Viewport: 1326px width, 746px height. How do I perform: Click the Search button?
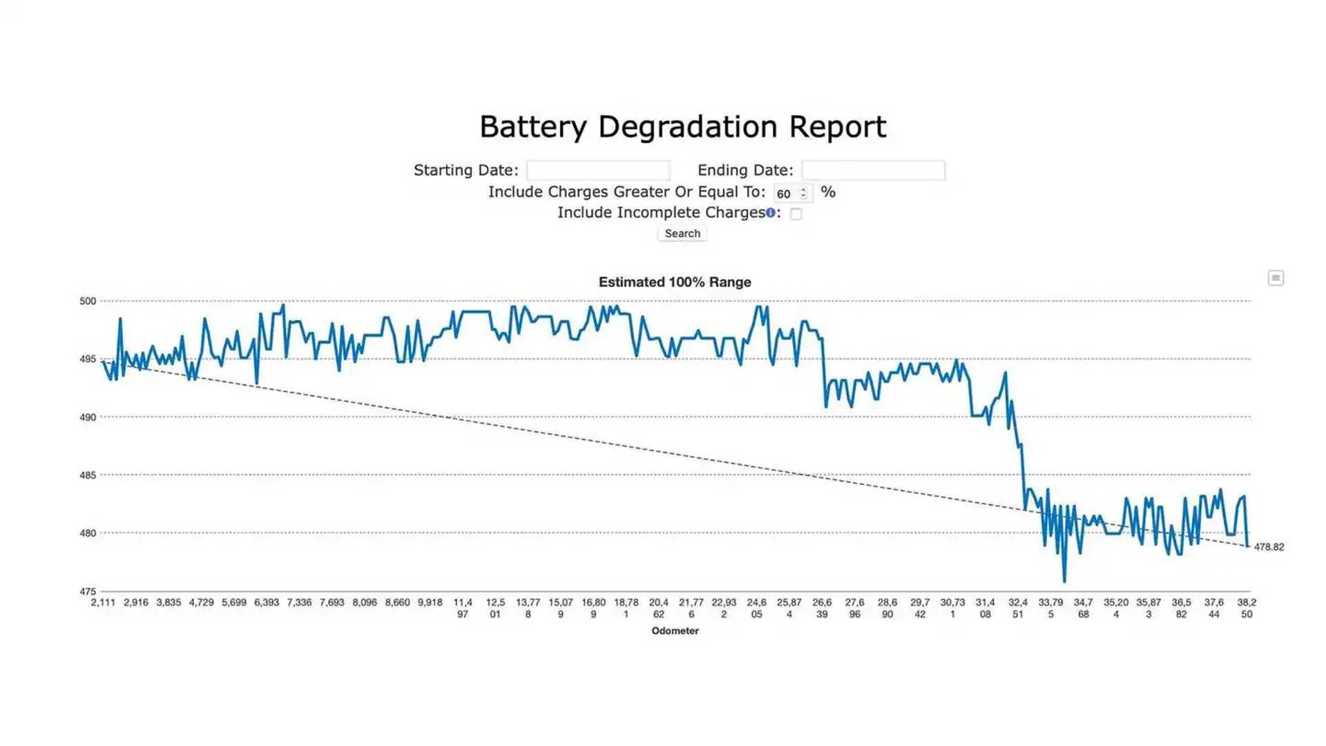click(x=682, y=233)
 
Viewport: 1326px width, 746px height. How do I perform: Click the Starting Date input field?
click(x=598, y=171)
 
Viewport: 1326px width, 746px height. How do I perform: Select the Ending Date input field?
click(x=873, y=171)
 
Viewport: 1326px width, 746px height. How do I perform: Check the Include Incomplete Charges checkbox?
click(x=796, y=214)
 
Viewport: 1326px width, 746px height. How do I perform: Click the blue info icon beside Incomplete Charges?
click(x=770, y=213)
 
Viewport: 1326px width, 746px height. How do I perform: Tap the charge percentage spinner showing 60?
click(x=791, y=193)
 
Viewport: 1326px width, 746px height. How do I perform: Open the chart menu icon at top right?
click(x=1275, y=278)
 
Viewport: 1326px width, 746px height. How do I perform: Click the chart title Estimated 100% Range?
click(x=674, y=282)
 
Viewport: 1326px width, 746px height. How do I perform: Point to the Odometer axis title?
click(x=675, y=631)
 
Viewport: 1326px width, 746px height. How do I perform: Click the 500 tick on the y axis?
click(x=88, y=301)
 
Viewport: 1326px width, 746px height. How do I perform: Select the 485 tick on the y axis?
click(x=88, y=475)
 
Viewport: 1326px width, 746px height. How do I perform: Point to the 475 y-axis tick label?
click(x=88, y=591)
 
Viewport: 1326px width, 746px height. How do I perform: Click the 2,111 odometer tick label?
click(x=103, y=602)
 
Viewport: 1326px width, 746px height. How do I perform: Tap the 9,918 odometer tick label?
click(x=430, y=602)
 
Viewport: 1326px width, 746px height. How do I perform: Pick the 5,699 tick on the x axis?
click(x=233, y=602)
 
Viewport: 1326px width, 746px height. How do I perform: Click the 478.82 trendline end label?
click(x=1269, y=547)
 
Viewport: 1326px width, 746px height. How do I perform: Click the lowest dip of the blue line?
click(x=1064, y=580)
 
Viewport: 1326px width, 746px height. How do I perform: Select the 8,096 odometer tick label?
click(x=365, y=602)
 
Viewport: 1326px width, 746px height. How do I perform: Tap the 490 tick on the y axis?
click(x=88, y=417)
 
